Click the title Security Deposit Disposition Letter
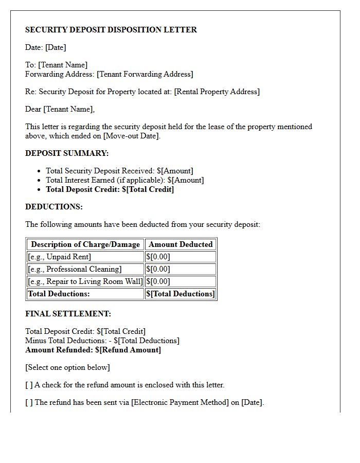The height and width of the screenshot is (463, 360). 111,30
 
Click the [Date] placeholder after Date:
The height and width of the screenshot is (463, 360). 56,47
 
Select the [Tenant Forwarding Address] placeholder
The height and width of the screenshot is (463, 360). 145,74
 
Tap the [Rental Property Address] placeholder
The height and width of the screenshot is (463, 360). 217,92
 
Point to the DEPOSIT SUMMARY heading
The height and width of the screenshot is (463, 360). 67,153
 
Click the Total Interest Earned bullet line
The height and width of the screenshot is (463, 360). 124,180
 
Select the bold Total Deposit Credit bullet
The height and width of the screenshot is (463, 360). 110,189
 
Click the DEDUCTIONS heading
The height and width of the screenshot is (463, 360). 54,207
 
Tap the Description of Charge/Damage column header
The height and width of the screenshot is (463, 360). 85,244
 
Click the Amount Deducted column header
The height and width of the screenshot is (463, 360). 181,244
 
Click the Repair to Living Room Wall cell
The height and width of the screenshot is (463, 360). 85,281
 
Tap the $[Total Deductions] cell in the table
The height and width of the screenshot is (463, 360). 181,294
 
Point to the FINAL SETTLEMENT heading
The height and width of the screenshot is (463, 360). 68,314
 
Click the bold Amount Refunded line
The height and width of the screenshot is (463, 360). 93,350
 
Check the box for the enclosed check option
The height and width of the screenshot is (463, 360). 29,385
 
